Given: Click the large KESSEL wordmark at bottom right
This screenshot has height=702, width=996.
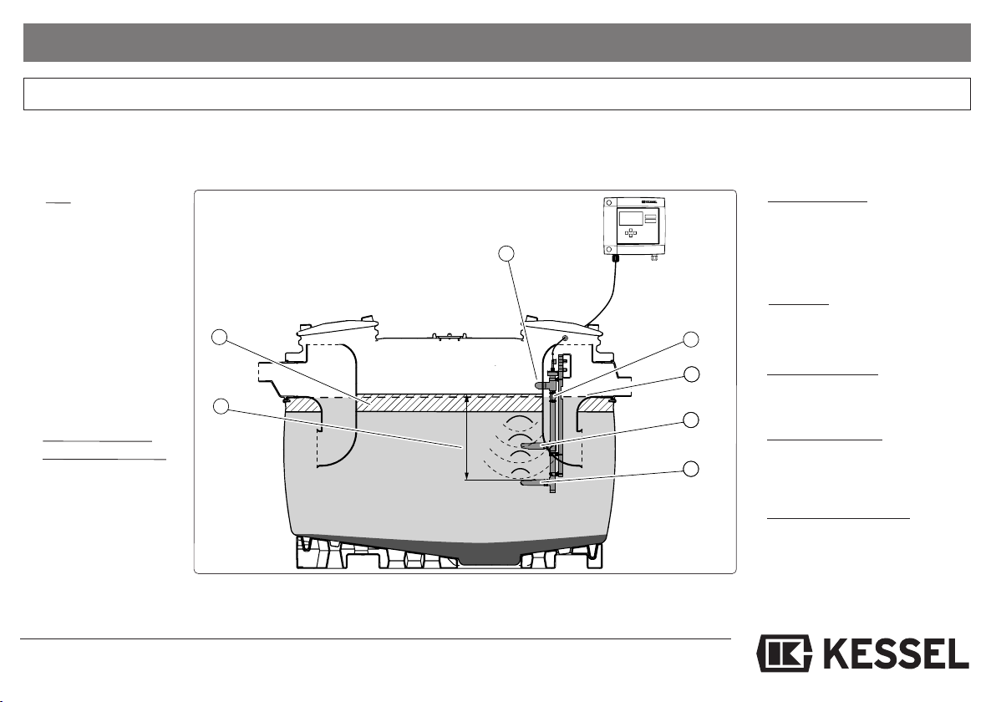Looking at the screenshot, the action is coord(896,653).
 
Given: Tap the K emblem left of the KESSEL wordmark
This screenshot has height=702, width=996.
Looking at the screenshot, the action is coord(785,653).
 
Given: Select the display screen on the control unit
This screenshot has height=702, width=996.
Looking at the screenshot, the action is coord(630,218).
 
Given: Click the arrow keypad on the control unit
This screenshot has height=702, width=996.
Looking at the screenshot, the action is coord(631,233).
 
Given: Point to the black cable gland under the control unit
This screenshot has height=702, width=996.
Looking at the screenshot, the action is coord(614,258).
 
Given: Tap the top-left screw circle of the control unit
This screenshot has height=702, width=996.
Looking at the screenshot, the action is coord(608,202).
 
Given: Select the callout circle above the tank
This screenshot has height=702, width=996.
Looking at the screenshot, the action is coord(506,253).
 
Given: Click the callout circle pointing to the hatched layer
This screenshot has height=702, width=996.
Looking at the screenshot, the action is coord(220,337).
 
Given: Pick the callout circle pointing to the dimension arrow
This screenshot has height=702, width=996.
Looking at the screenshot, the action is coord(221,407).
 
